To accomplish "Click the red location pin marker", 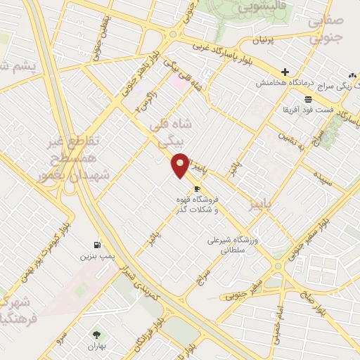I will click(x=181, y=165).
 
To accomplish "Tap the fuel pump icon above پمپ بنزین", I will click(x=96, y=245).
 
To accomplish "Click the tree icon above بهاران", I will click(x=96, y=335).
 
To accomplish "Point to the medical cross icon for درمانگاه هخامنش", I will click(x=285, y=72).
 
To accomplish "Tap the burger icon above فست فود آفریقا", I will click(x=308, y=98).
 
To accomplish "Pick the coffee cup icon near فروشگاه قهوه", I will click(x=197, y=189).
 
